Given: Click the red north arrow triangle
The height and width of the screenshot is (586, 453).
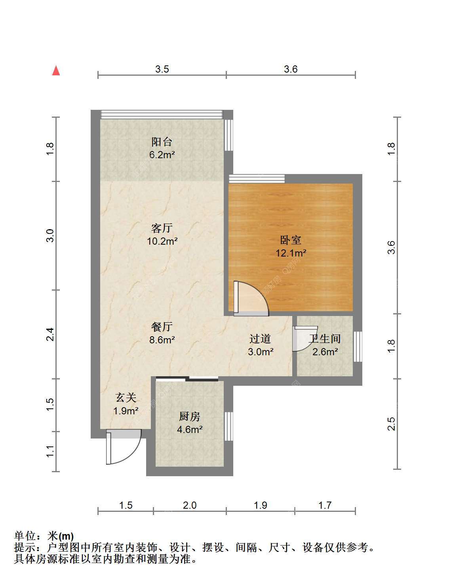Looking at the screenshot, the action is point(56,71).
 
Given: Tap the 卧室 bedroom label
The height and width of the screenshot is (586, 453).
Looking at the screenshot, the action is point(291,240).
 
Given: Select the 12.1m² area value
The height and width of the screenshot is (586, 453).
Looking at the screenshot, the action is point(291,253).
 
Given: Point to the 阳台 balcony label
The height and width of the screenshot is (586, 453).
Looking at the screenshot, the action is point(162,142).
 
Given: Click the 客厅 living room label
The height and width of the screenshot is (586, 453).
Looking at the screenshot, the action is point(162,228).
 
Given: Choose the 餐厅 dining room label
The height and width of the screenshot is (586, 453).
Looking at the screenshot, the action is point(162,327).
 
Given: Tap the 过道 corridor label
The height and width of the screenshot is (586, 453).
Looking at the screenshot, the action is point(260,339).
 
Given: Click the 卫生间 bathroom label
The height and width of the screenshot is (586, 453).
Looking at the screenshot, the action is point(325,339).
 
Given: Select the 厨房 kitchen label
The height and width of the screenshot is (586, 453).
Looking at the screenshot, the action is point(190,417).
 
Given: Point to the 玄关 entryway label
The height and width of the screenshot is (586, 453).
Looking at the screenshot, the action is point(126,397).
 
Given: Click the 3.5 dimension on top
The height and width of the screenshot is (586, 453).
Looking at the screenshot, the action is point(162,69).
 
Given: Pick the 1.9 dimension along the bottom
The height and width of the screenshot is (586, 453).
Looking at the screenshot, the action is point(261,505).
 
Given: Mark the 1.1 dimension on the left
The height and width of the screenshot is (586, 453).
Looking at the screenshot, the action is point(50,452).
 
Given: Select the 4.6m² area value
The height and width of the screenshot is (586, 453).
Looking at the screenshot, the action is point(190,429).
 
